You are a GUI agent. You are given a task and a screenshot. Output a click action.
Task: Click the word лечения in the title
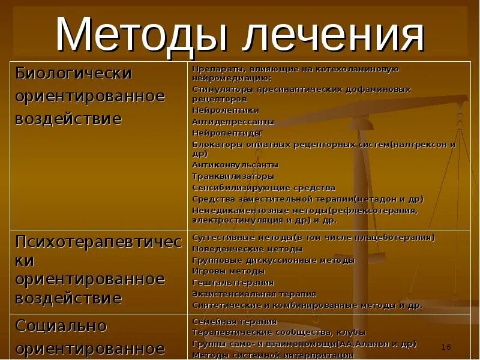point(333,35)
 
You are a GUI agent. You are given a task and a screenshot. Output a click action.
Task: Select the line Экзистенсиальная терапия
point(254,293)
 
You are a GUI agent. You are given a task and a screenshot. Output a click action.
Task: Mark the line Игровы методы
point(220,271)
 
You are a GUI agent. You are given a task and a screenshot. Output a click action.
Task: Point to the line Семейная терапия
point(234,322)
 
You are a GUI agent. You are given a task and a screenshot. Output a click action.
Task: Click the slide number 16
point(446,347)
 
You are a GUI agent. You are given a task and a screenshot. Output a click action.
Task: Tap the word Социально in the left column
point(61,326)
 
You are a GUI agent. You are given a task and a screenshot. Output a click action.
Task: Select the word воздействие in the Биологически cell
point(68,118)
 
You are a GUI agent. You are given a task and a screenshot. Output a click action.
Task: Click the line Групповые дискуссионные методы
point(273,260)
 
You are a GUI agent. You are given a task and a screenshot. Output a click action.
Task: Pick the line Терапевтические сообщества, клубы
point(278,332)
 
